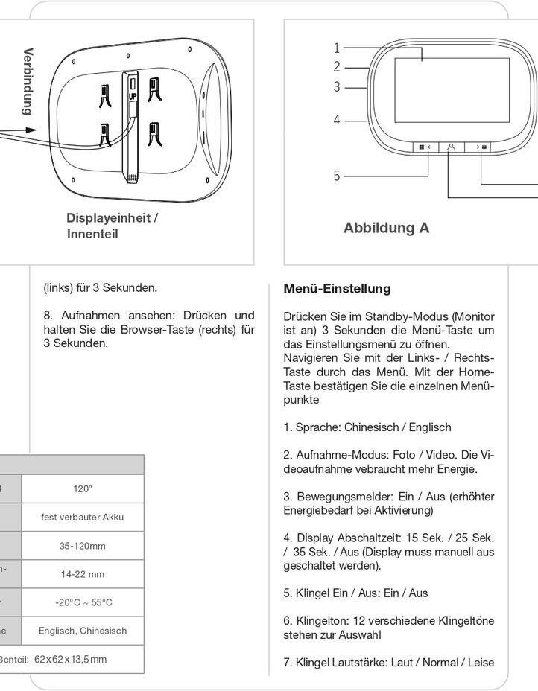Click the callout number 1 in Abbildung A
click(337, 48)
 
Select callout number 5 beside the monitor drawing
click(337, 176)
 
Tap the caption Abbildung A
click(386, 228)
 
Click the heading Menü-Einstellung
click(337, 288)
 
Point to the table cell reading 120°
click(83, 488)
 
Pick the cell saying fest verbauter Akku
click(83, 517)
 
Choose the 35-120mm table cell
click(83, 546)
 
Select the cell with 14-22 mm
click(83, 574)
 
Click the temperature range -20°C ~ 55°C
click(83, 602)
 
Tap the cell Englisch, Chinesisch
click(83, 631)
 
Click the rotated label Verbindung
click(28, 81)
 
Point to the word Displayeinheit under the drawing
click(109, 218)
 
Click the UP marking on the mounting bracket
click(133, 96)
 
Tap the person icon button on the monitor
click(452, 147)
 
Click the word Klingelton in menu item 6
click(321, 621)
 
